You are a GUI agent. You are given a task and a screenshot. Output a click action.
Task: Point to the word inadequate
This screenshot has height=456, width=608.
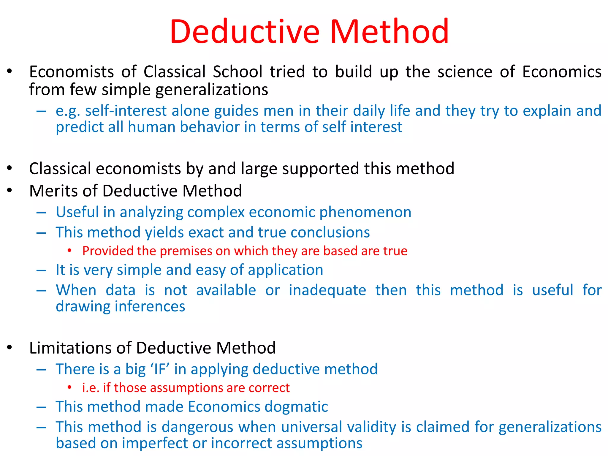327,291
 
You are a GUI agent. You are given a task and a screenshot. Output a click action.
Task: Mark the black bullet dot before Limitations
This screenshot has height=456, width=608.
10,347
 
